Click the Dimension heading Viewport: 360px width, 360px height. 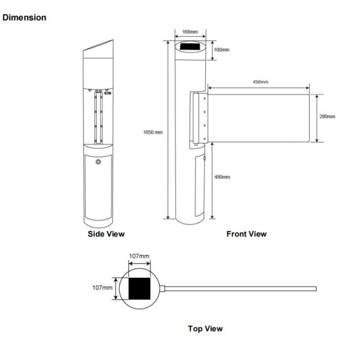pos(25,17)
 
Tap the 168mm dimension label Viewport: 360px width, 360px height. pos(190,31)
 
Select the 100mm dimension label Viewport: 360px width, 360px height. pos(222,50)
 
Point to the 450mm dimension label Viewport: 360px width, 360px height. pos(260,82)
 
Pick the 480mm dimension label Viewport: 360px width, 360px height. pos(222,177)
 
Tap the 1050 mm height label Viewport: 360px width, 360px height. pos(153,132)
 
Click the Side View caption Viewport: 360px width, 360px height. pos(107,234)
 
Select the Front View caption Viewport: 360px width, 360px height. pos(246,234)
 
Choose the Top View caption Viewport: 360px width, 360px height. pos(205,328)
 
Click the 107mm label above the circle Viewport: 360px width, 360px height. pos(139,256)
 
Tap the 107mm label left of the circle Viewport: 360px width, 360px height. pos(103,288)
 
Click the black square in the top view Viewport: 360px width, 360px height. pos(140,289)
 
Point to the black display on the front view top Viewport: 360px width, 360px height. pos(190,47)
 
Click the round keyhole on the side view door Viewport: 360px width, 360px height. pos(99,162)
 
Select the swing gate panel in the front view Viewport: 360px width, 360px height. pos(258,117)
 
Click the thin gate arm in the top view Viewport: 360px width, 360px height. pos(240,289)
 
